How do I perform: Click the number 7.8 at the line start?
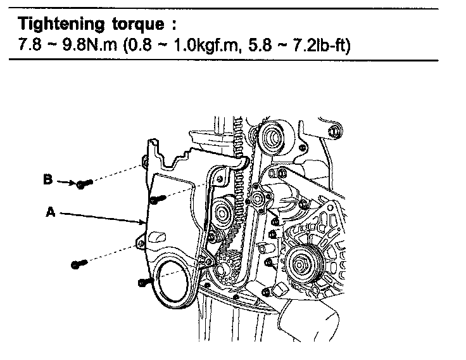[x=30, y=45]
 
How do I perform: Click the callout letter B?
[x=48, y=180]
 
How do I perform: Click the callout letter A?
[x=51, y=214]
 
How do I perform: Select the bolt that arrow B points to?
[x=84, y=184]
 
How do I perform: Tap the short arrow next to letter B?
[x=66, y=183]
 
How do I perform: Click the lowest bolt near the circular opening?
[x=144, y=281]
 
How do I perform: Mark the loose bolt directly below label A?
[x=78, y=263]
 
